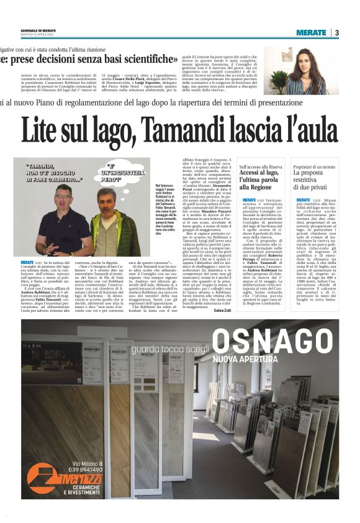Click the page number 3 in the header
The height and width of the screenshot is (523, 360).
(336, 32)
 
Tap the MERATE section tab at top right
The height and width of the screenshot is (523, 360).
(311, 32)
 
